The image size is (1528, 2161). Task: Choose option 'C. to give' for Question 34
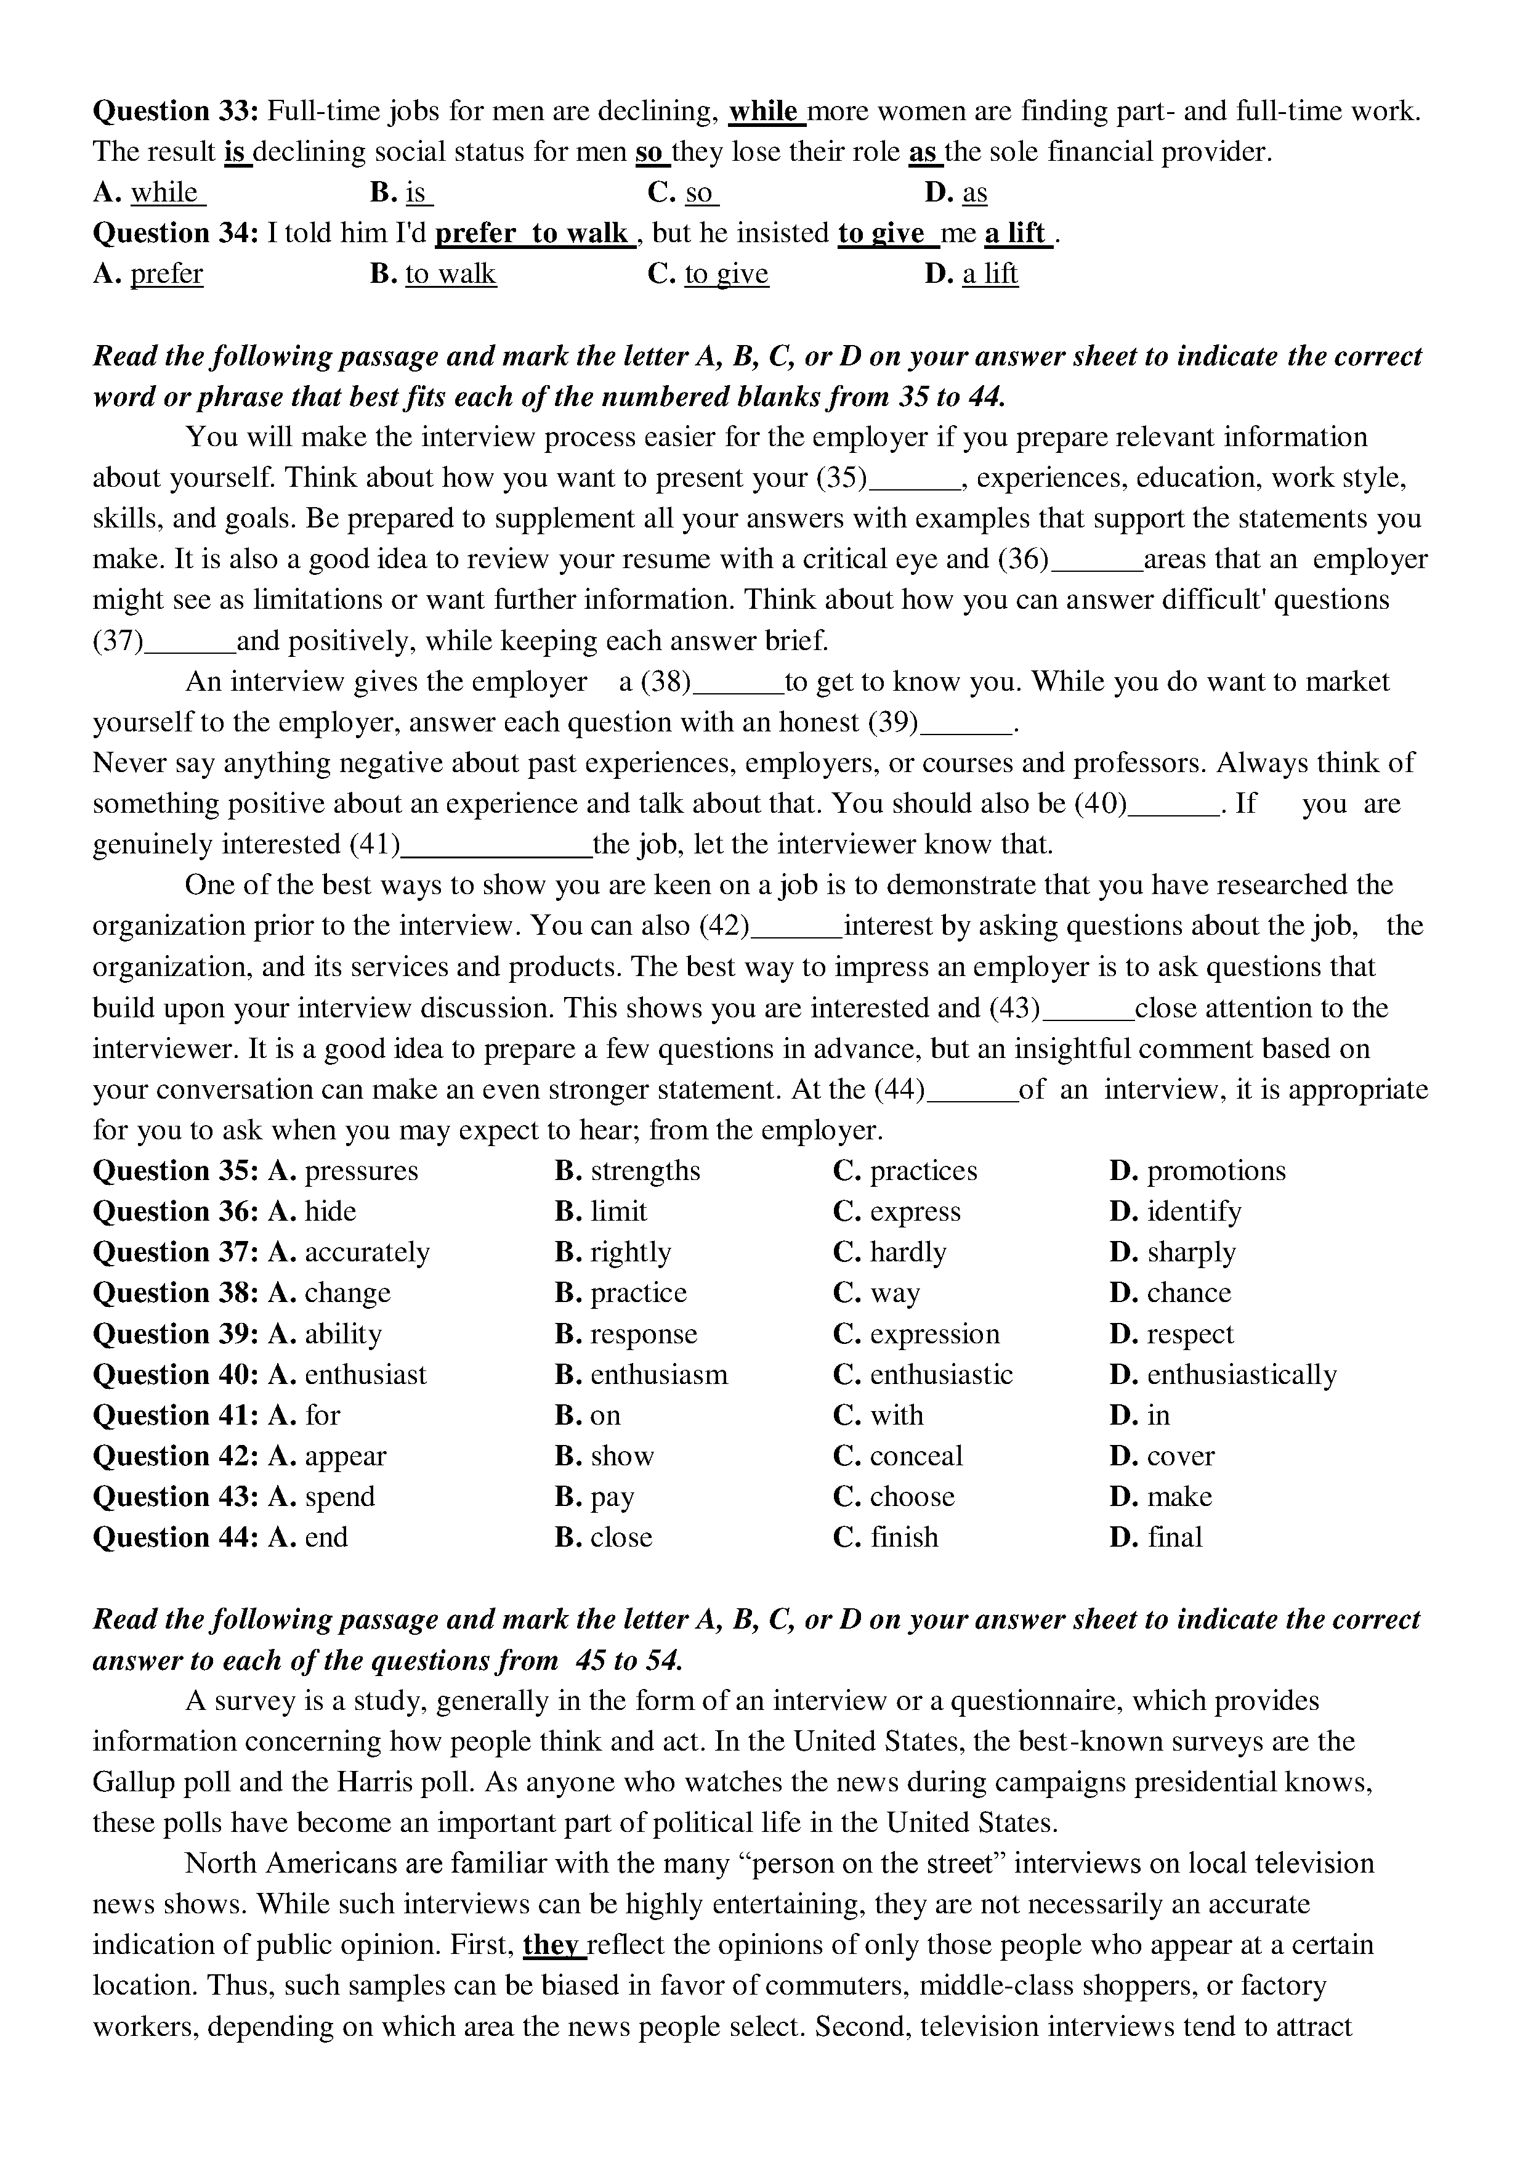coord(708,274)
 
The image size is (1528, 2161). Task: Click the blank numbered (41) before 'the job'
coord(496,845)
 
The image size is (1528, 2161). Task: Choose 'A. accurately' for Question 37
coord(349,1253)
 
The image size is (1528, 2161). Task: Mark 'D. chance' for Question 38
coord(1170,1293)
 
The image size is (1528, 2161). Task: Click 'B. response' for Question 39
coord(626,1335)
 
